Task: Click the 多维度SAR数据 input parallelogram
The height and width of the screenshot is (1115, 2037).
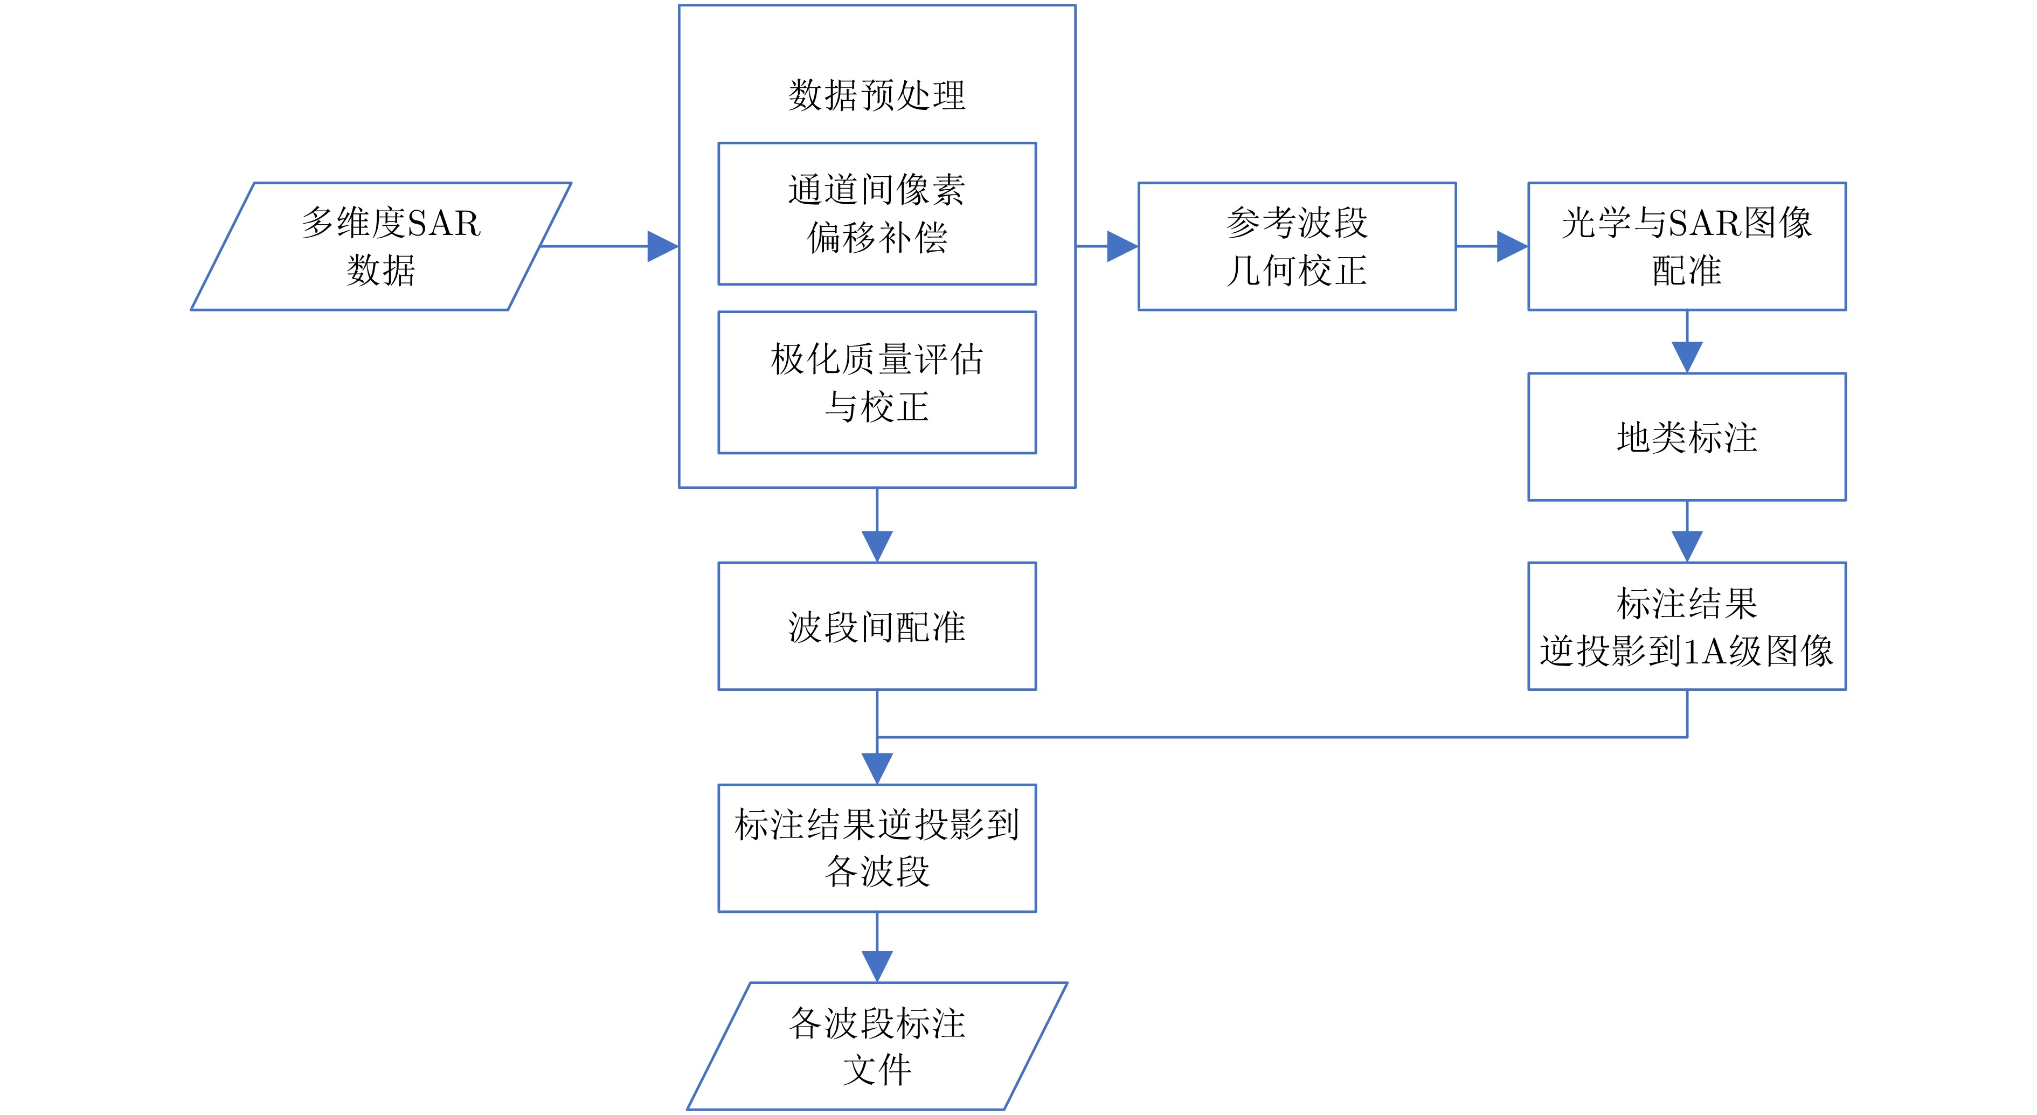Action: pos(380,246)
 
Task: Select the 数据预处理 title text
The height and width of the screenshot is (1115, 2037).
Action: pos(876,95)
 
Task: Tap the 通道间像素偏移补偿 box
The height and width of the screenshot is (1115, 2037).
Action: pos(876,213)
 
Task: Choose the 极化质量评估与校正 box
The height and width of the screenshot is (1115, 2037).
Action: pos(876,382)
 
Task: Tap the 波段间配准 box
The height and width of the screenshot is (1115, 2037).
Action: pos(876,626)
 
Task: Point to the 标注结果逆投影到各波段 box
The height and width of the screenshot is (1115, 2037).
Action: pos(876,848)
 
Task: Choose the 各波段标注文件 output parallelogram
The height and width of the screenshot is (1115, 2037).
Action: pos(876,1045)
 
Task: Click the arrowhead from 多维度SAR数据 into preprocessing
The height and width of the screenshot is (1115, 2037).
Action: pos(663,246)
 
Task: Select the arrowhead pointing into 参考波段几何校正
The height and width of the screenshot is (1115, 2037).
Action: pos(1122,246)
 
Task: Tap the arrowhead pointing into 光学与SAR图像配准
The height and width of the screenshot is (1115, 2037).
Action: pos(1512,246)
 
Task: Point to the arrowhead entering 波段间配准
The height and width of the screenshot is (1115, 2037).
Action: pos(876,546)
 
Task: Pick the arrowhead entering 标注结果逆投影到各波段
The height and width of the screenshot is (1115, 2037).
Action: pos(876,768)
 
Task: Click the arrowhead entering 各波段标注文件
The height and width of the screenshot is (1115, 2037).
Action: pos(876,966)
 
